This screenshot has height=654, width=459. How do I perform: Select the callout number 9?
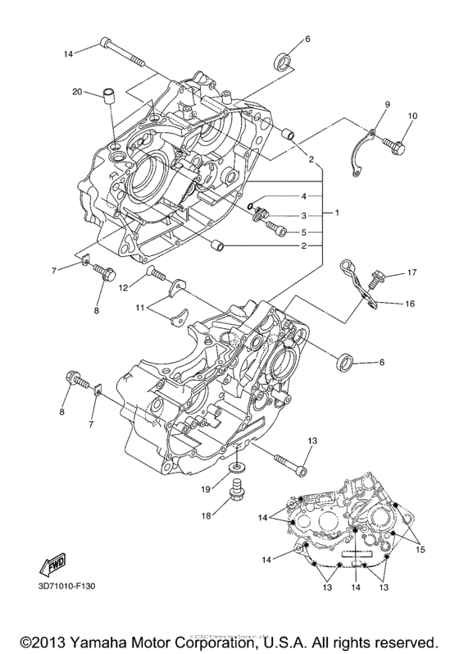click(388, 105)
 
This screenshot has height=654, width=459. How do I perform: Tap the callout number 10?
click(412, 116)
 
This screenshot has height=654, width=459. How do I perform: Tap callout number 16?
click(409, 304)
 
